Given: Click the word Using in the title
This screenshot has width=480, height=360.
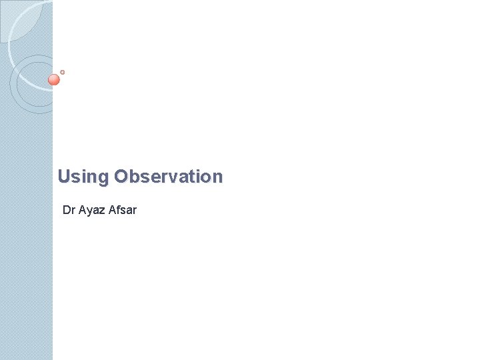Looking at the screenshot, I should (83, 177).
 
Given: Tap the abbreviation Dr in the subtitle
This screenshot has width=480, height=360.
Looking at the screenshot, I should (69, 211).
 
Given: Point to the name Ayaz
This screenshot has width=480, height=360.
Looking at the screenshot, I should (91, 211).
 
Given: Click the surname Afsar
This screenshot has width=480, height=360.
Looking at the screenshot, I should (123, 211).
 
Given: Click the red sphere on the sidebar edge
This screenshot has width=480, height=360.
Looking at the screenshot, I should (54, 80).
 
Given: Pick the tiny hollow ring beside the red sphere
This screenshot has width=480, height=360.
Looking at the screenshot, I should (62, 72).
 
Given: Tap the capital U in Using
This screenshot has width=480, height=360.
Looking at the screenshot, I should (64, 177).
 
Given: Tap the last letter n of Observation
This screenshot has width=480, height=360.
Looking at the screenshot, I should (217, 177).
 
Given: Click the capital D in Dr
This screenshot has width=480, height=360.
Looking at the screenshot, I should (67, 211).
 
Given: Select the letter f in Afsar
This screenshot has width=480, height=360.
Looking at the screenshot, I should (118, 211).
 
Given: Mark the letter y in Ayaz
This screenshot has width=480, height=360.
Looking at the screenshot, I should (89, 212).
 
